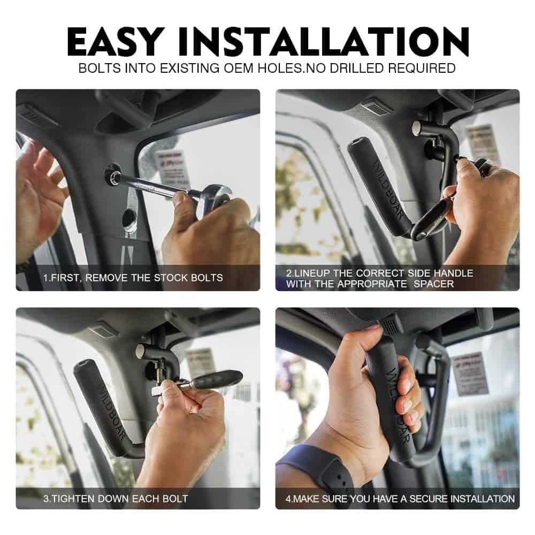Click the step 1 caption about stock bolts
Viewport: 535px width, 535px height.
(x=133, y=278)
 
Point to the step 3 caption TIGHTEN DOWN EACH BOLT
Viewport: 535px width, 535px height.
(x=116, y=499)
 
